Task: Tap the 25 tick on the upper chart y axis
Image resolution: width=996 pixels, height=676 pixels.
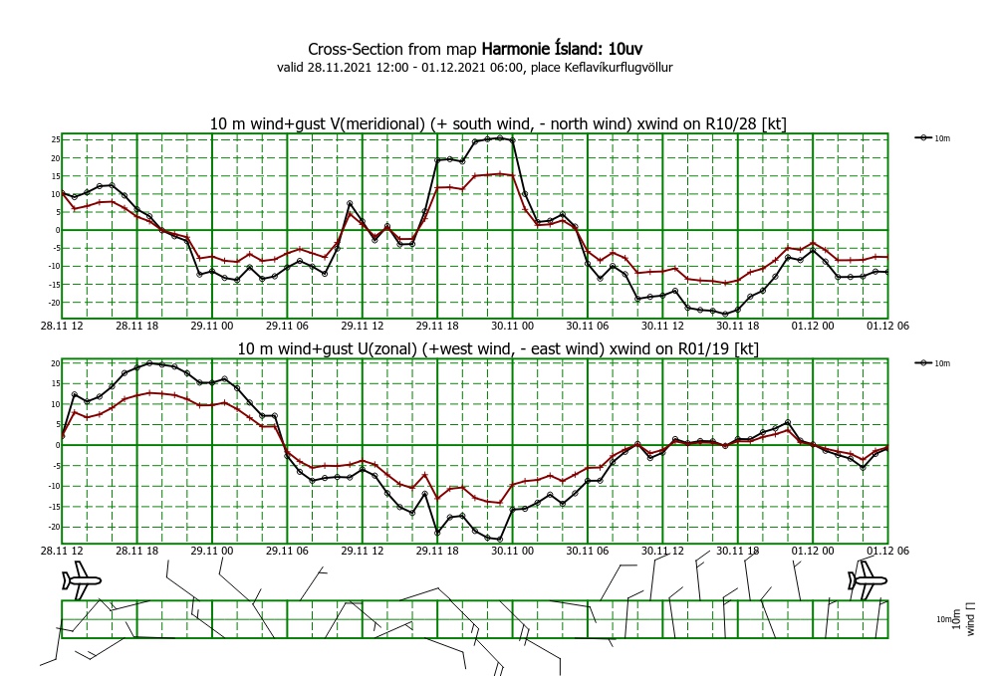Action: pos(56,139)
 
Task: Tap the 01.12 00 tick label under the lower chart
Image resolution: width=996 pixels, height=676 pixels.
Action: pos(812,550)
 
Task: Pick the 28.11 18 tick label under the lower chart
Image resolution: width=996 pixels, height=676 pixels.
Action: pos(137,550)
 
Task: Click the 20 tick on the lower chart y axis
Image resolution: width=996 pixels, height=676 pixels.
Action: pos(56,363)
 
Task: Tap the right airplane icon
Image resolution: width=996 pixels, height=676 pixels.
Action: pos(867,578)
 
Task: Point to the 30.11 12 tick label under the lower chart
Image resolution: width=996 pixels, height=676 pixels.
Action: pos(661,550)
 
